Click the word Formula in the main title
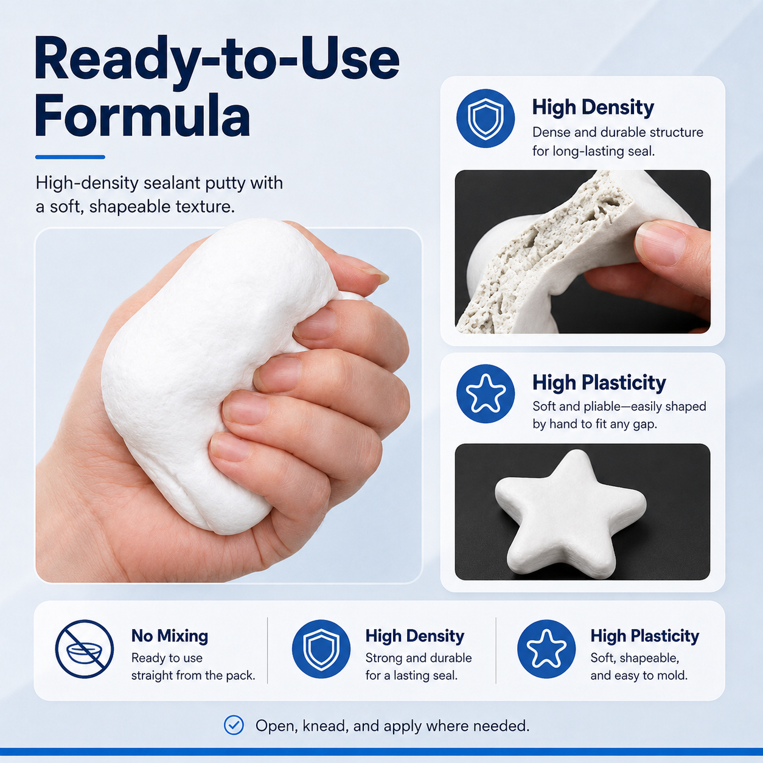point(142,116)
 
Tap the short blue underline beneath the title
point(70,157)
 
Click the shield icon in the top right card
point(486,119)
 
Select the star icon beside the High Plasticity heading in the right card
point(486,394)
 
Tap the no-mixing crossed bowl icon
point(84,649)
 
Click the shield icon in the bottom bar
point(321,649)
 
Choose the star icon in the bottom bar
point(546,649)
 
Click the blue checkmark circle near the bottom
point(234,725)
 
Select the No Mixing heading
point(170,636)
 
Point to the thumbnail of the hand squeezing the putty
point(228,405)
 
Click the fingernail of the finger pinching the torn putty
point(660,243)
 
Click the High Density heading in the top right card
point(593,107)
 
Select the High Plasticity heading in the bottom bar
point(644,636)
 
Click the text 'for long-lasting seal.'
point(593,152)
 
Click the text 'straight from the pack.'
point(193,675)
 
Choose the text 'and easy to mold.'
point(639,675)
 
